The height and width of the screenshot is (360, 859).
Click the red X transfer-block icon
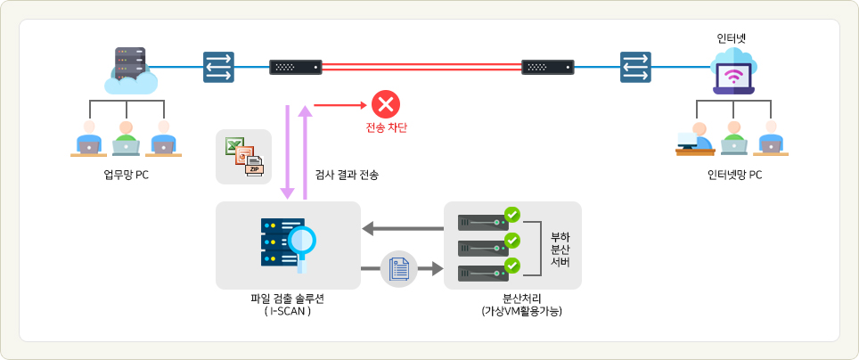click(386, 104)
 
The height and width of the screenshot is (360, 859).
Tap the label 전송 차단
click(386, 127)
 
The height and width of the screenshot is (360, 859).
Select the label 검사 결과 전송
click(348, 175)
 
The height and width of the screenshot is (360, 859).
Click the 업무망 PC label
click(126, 175)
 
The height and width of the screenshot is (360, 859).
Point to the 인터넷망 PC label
click(734, 175)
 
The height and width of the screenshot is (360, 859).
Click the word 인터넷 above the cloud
click(732, 38)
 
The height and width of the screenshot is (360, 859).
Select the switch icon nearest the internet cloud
click(635, 67)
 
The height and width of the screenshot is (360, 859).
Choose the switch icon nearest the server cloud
click(218, 67)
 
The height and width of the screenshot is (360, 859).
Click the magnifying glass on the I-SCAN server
click(301, 241)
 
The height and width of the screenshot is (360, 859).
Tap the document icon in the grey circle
click(398, 268)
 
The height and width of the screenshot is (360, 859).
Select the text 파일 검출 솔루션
click(288, 299)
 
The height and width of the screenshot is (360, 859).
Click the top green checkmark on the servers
click(511, 215)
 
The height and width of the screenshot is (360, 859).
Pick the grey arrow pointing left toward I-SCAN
click(402, 229)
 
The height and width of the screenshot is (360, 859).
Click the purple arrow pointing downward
click(288, 151)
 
